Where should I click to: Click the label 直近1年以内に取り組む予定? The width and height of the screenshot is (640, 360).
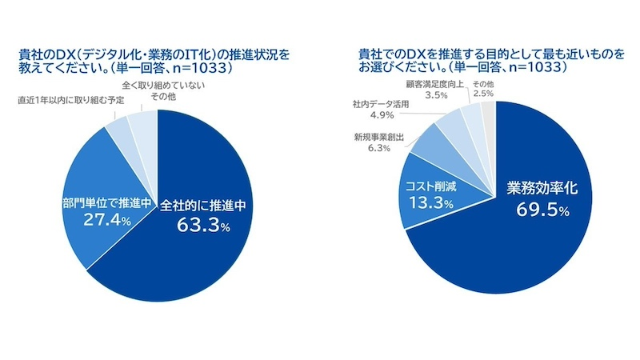point(66,101)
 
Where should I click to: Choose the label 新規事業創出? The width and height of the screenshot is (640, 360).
point(373,136)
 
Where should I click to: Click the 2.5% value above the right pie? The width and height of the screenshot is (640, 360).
point(483,94)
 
